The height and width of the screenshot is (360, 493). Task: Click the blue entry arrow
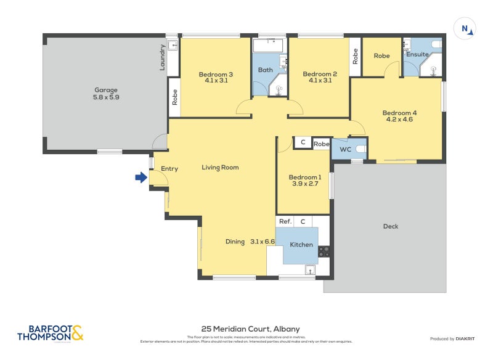click(141, 178)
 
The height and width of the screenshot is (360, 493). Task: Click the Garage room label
click(105, 90)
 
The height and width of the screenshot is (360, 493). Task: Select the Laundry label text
click(163, 56)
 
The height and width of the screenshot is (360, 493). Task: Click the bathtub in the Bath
click(268, 46)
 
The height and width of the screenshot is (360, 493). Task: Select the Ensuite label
click(417, 54)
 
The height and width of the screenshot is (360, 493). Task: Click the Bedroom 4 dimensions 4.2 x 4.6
click(399, 120)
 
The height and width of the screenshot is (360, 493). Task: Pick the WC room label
click(345, 149)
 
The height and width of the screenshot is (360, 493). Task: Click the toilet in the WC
click(361, 149)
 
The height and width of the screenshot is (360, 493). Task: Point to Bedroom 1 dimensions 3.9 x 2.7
click(305, 184)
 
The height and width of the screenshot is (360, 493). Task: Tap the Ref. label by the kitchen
click(285, 221)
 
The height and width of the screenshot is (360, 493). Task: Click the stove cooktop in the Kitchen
click(324, 251)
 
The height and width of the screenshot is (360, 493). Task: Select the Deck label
click(391, 226)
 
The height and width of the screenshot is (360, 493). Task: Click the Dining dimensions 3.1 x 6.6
click(263, 242)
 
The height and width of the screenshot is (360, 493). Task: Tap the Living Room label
click(221, 167)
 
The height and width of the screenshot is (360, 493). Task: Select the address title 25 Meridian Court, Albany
click(250, 329)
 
